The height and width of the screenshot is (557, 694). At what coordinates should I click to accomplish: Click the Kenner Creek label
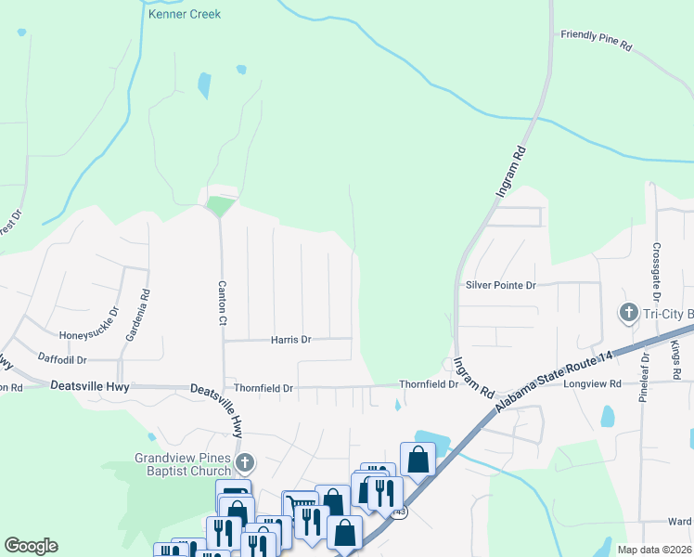pyautogui.click(x=190, y=15)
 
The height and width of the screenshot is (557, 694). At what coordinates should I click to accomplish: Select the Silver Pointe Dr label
pyautogui.click(x=501, y=286)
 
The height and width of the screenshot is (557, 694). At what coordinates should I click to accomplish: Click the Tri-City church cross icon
pyautogui.click(x=627, y=313)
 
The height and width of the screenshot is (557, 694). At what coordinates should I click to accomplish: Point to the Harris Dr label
pyautogui.click(x=290, y=340)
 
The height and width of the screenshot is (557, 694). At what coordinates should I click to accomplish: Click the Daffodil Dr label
pyautogui.click(x=62, y=359)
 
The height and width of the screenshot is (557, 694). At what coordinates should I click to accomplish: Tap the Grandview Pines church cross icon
pyautogui.click(x=245, y=462)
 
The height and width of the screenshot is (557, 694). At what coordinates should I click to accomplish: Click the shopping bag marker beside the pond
pyautogui.click(x=418, y=459)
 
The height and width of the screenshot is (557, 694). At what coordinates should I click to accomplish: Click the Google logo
pyautogui.click(x=31, y=546)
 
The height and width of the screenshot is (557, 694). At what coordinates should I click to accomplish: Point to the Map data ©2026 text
pyautogui.click(x=654, y=550)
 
